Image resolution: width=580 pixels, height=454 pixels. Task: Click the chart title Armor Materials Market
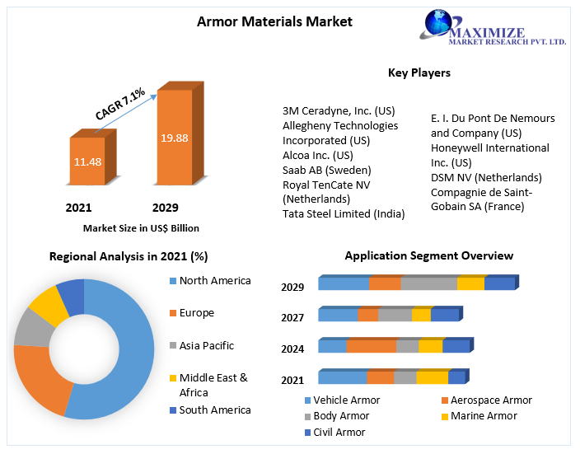[274, 21]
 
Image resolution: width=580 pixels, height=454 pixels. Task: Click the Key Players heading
[419, 73]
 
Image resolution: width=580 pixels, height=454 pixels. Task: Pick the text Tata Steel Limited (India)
[344, 214]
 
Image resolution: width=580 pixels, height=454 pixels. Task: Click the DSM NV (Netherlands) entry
[486, 178]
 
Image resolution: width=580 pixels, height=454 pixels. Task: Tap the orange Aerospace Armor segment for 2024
[371, 346]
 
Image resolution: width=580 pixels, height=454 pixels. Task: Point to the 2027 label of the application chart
[292, 317]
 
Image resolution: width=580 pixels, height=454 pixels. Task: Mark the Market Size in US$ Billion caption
[141, 228]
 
